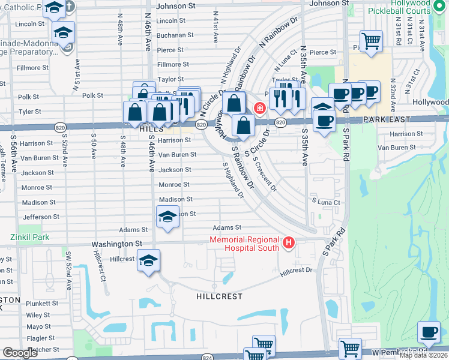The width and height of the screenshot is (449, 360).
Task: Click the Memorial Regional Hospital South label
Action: tap(244, 244)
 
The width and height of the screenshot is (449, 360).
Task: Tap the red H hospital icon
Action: tap(289, 243)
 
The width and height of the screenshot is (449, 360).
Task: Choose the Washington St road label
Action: tap(116, 244)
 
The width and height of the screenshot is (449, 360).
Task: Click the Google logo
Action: tap(20, 353)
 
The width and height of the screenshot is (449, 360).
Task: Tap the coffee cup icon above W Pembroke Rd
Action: tap(429, 332)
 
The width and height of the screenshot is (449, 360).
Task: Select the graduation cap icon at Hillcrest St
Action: tap(148, 260)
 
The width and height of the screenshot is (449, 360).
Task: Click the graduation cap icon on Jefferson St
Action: tap(167, 217)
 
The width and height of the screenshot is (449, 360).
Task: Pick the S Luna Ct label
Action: tap(325, 203)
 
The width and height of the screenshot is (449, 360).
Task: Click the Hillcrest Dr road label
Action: tap(297, 271)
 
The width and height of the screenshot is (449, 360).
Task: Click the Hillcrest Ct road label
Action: tap(99, 266)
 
